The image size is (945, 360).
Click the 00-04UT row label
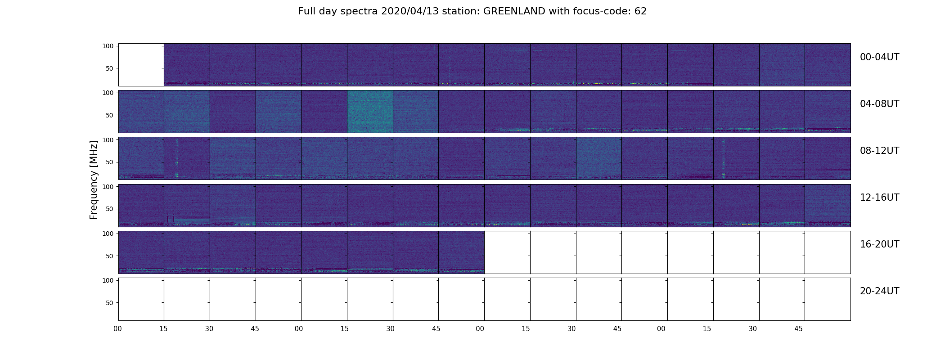coord(879,57)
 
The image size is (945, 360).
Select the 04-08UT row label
coord(879,104)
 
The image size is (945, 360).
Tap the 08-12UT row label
coord(879,151)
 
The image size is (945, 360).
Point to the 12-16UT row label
coord(879,198)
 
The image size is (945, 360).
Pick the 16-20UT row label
coord(879,244)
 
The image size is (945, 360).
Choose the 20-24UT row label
coord(879,291)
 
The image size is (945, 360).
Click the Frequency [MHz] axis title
coord(94,180)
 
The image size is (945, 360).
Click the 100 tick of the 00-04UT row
coord(108,46)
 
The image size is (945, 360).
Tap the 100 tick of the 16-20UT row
coord(108,234)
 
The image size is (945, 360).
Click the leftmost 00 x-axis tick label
coord(118,329)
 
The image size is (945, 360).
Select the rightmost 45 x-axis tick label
coord(798,329)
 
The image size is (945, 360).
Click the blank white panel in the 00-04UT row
coord(141,65)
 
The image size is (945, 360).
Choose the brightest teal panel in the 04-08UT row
coord(370,112)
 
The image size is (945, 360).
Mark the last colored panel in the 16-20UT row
coord(462,252)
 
